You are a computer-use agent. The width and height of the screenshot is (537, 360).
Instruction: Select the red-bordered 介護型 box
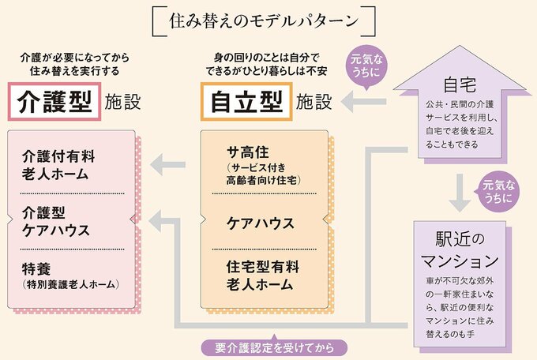click(x=53, y=102)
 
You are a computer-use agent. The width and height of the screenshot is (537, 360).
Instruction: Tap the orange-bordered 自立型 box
click(x=246, y=102)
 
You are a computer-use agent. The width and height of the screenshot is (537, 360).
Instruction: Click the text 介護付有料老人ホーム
click(x=55, y=163)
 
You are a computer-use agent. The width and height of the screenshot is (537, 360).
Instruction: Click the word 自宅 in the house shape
click(x=460, y=85)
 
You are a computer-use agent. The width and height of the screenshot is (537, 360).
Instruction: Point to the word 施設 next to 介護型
click(x=122, y=102)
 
